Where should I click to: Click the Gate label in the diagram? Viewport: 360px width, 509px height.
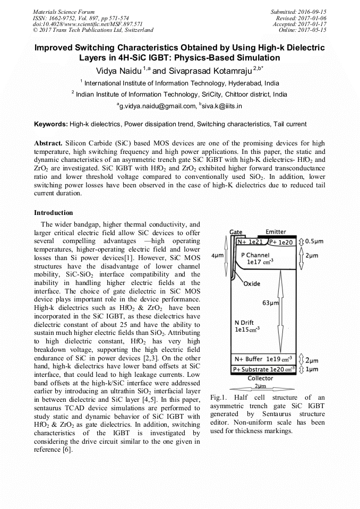point(236,232)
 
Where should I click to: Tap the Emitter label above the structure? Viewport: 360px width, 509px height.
point(276,232)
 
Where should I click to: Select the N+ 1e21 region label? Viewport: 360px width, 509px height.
point(250,241)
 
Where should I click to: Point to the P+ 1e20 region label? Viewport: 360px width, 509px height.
point(281,241)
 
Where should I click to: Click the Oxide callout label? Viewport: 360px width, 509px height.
point(252,283)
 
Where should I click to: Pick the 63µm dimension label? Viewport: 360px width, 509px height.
point(270,303)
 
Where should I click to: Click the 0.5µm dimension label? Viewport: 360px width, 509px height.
point(316,241)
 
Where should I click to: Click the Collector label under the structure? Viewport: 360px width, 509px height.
point(260,378)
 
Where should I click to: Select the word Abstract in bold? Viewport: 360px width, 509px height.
point(48,144)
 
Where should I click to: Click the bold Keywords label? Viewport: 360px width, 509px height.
point(51,124)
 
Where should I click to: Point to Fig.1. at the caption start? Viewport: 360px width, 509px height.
point(219,398)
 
